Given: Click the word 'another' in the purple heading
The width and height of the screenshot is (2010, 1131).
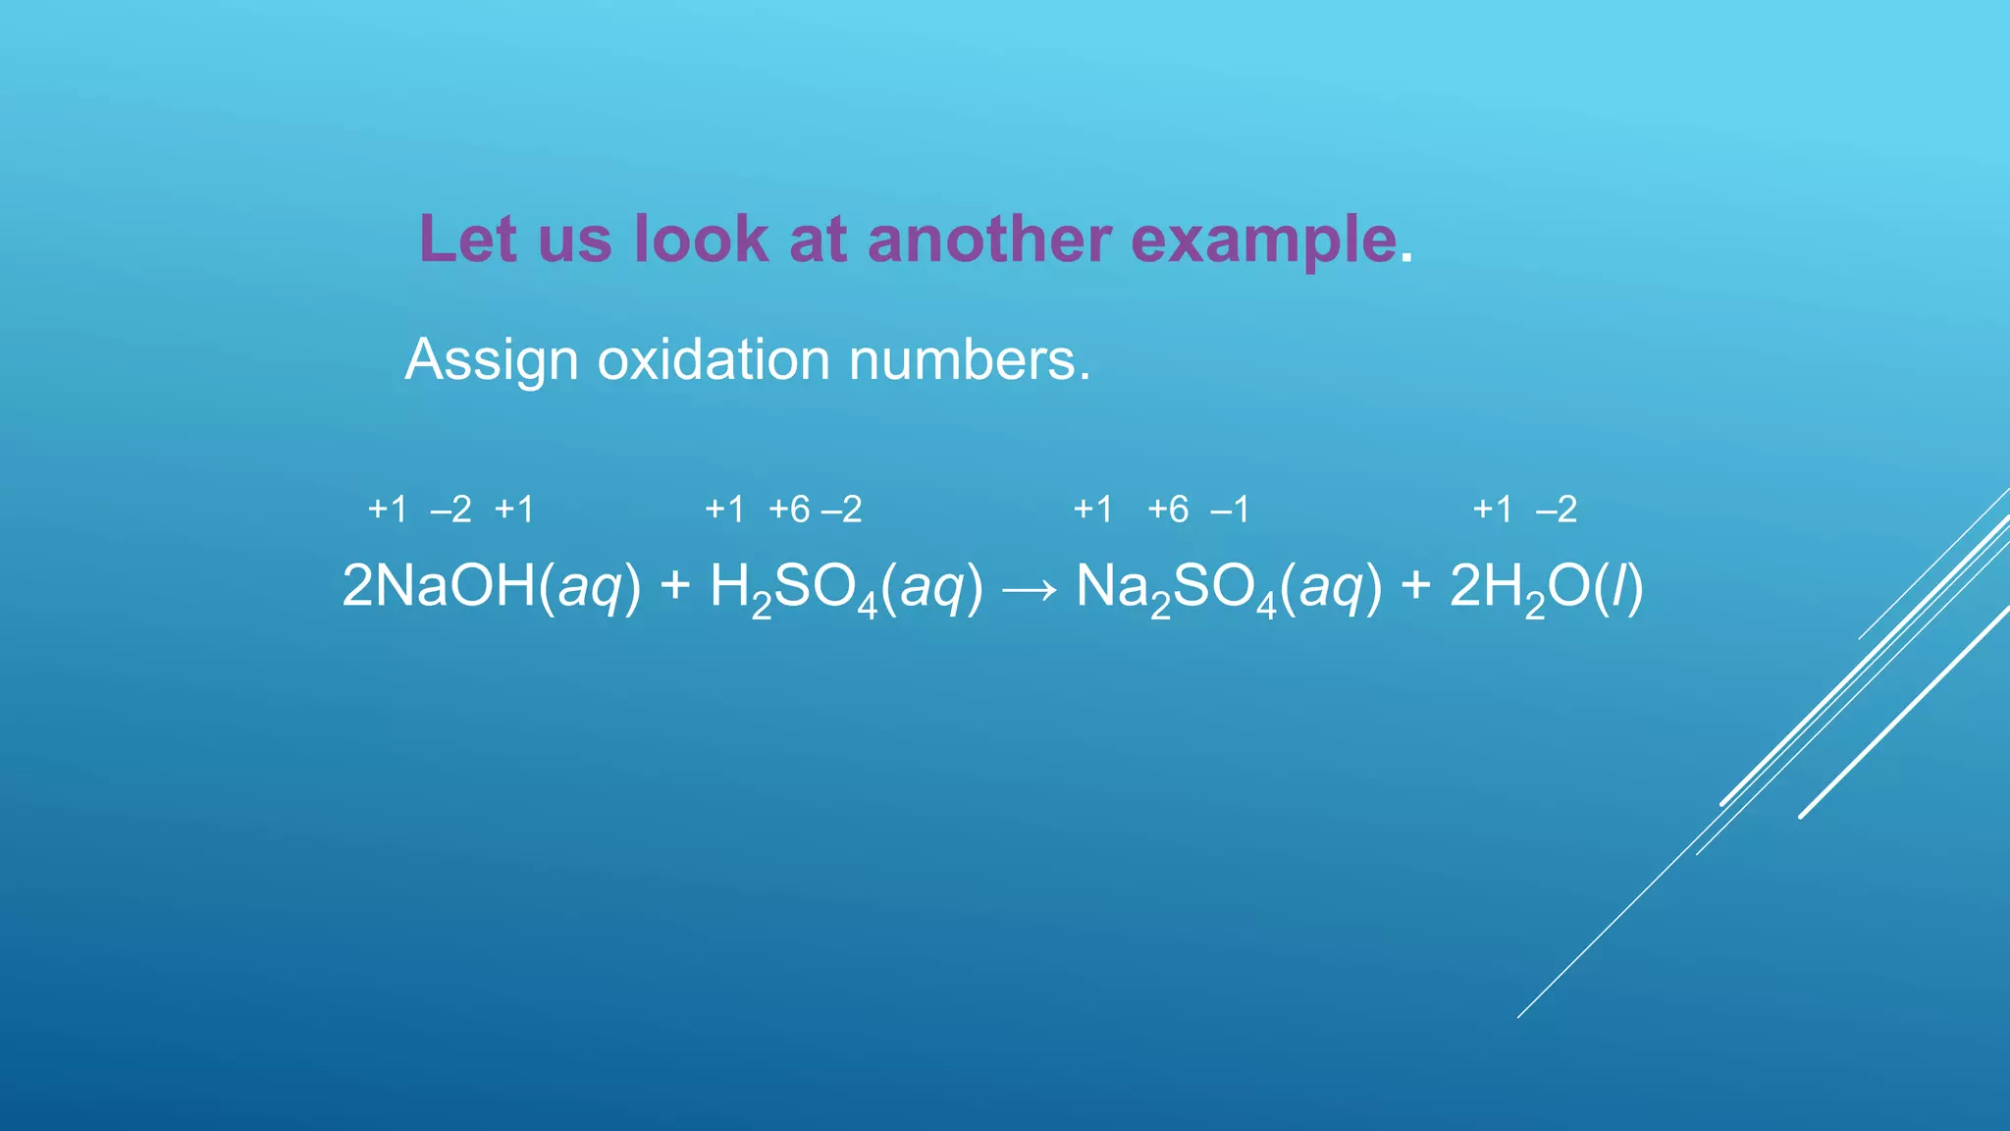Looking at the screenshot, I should point(990,240).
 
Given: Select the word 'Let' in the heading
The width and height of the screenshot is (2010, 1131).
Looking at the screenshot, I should point(468,240).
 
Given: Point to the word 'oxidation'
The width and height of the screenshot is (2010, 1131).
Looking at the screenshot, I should point(714,359).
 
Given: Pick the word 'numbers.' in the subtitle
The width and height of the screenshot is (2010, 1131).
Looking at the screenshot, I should point(969,359).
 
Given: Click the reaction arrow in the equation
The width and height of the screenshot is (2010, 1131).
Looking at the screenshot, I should point(1030,588).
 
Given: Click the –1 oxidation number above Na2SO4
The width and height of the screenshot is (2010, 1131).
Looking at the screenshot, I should point(1230,510).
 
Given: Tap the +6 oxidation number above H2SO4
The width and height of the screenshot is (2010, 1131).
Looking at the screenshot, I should point(789,510).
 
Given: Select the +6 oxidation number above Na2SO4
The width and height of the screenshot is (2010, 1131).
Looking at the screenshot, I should point(1168,510).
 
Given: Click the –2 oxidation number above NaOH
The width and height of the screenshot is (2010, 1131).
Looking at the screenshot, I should point(450,510).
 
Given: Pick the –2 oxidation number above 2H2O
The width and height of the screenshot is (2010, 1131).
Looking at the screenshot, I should point(1557,510).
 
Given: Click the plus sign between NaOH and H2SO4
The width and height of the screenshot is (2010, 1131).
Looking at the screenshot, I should point(675,586).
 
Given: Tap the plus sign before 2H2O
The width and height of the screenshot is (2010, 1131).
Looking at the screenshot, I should point(1415,586).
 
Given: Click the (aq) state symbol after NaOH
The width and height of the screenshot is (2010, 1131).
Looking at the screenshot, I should point(590,587).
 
